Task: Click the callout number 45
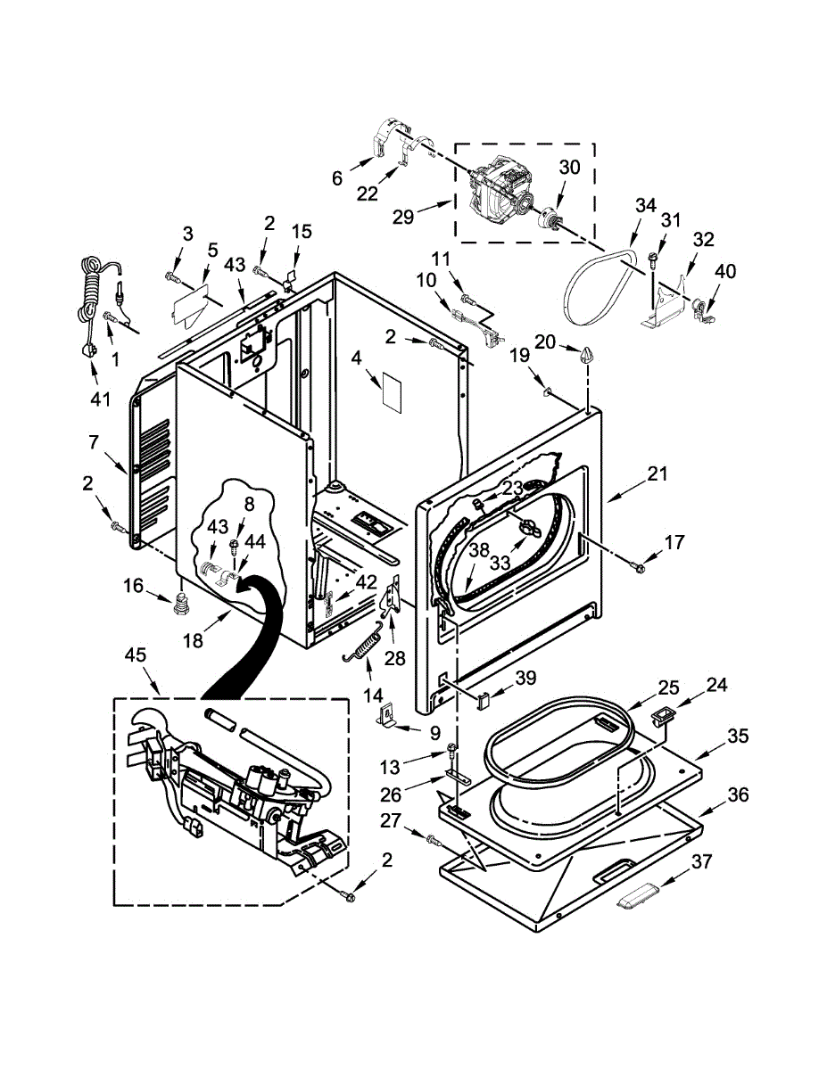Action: [x=135, y=655]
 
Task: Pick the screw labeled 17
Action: [x=640, y=565]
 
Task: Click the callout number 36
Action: [x=736, y=794]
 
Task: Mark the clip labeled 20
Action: [x=585, y=356]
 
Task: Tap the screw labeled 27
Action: [x=433, y=839]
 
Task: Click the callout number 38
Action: [x=480, y=551]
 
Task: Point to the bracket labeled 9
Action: [x=385, y=713]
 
